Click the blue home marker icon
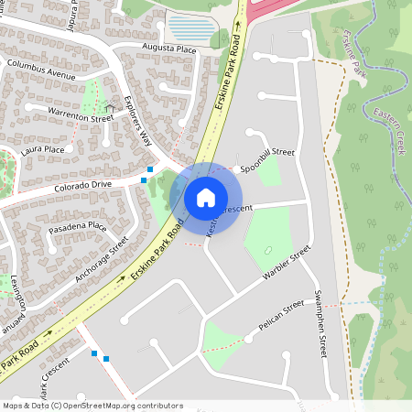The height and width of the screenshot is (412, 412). point(205,197)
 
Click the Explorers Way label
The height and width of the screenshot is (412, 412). point(138,123)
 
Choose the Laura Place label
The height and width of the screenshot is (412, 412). point(43,149)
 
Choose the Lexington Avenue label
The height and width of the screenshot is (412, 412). point(13,303)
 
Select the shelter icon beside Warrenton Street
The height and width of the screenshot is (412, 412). point(111,107)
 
